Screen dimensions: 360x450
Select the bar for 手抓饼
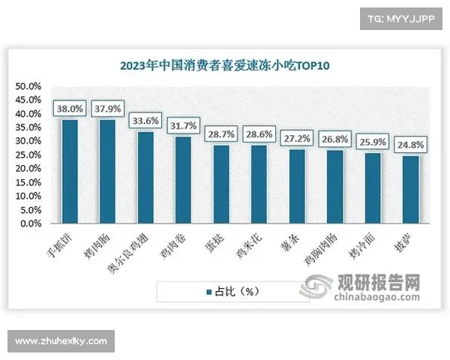click(70, 172)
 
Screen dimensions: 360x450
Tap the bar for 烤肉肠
click(107, 172)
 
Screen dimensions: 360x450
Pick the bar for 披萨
click(411, 190)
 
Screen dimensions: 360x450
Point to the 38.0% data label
click(70, 107)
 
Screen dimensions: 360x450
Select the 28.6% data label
click(259, 133)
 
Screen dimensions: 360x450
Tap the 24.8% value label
click(411, 142)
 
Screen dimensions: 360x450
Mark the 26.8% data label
click(335, 137)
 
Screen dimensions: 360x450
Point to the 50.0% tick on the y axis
click(29, 86)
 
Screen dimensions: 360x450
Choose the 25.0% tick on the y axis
click(29, 154)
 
